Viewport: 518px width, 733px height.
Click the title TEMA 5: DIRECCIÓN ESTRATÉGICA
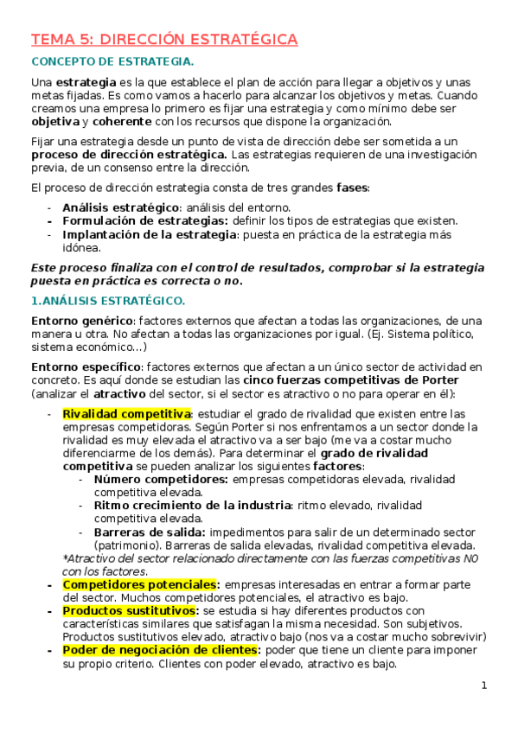[164, 40]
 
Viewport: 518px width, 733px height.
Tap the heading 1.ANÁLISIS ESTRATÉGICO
[107, 301]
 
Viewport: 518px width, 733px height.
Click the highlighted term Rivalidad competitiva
[126, 413]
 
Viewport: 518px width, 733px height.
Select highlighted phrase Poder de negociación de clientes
[161, 649]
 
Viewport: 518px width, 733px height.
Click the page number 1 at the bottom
[484, 685]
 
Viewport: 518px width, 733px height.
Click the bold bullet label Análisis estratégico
[120, 207]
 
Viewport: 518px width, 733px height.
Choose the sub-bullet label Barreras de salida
[150, 532]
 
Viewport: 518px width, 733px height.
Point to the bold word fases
[351, 188]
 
